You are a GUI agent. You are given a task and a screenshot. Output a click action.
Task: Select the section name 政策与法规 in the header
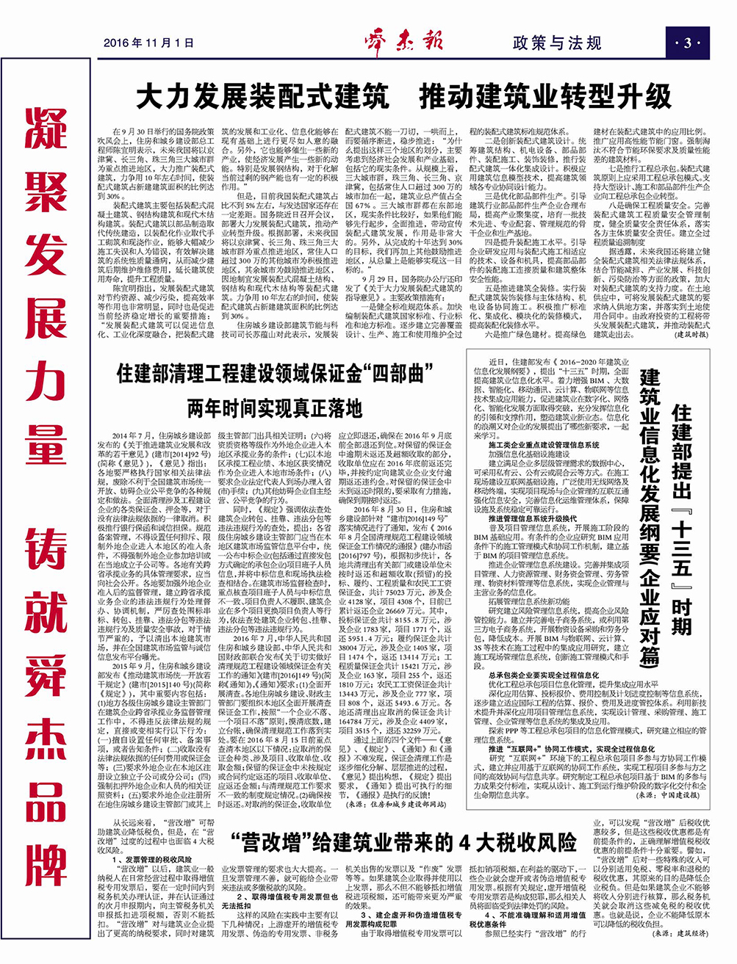pos(556,43)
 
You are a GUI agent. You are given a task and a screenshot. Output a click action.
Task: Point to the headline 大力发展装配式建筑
pos(262,96)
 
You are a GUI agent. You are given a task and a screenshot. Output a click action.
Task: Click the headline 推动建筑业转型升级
pos(545,96)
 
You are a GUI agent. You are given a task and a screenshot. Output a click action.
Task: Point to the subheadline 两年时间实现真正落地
pos(274,407)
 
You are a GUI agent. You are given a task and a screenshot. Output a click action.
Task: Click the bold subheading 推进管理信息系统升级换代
pos(533,518)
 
